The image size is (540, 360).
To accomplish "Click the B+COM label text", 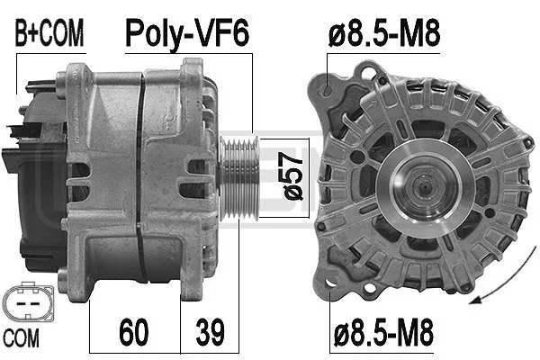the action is coord(49,33).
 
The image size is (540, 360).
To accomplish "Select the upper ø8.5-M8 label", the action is coord(384,33).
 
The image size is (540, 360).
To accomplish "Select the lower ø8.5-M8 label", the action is coord(383,332).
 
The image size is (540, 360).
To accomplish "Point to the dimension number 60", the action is coord(134,332).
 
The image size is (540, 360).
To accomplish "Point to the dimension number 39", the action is coord(210,332).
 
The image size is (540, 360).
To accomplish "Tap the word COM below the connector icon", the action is coord(21,338).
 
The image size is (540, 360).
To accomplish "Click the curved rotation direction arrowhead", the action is coord(475,300).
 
